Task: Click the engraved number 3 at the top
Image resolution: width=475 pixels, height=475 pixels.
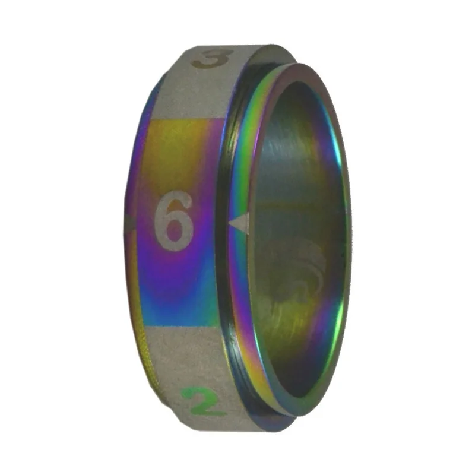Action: (x=213, y=59)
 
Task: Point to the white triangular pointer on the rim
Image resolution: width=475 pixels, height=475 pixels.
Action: (x=240, y=223)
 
